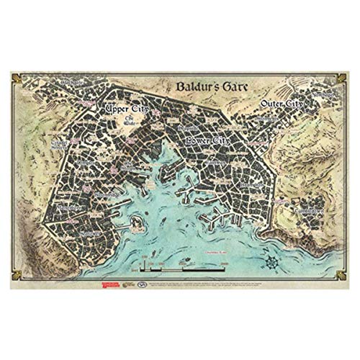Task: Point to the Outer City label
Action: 280,106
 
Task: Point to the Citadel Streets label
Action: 60,145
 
